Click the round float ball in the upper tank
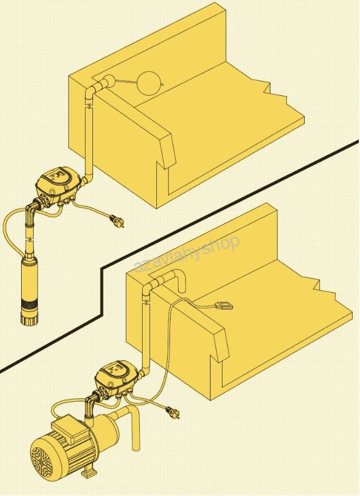point(150,82)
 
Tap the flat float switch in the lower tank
point(224,305)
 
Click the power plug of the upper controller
point(117,221)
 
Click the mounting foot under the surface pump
point(88,474)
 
